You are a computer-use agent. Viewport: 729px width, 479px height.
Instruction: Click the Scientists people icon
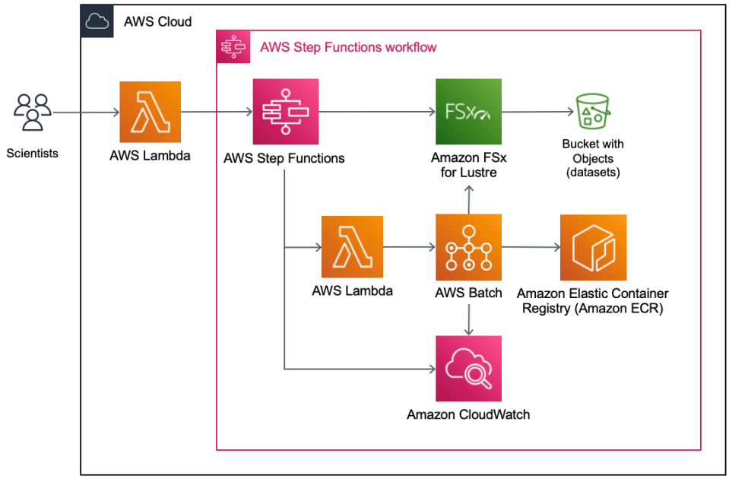click(32, 113)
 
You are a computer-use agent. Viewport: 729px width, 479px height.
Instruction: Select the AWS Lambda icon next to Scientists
click(150, 113)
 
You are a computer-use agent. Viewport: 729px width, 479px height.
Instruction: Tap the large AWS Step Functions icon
click(285, 112)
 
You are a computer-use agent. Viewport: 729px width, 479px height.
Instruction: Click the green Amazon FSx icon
click(468, 112)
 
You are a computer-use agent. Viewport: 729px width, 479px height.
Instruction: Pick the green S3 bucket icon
click(593, 112)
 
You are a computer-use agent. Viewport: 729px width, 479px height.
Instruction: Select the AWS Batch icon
click(468, 246)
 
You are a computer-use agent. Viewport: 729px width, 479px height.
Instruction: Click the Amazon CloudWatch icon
click(468, 369)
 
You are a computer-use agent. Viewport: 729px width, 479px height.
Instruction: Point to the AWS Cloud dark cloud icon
click(97, 21)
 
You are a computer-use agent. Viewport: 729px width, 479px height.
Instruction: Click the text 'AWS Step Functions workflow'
click(348, 47)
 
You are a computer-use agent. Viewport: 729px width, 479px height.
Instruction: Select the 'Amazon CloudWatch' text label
click(468, 414)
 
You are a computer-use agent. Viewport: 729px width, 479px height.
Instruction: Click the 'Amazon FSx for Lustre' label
click(468, 165)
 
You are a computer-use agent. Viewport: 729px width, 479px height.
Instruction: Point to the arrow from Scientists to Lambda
click(85, 113)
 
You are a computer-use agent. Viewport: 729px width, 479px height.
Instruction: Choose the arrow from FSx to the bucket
click(536, 113)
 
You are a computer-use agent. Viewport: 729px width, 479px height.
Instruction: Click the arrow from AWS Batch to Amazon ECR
click(530, 246)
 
